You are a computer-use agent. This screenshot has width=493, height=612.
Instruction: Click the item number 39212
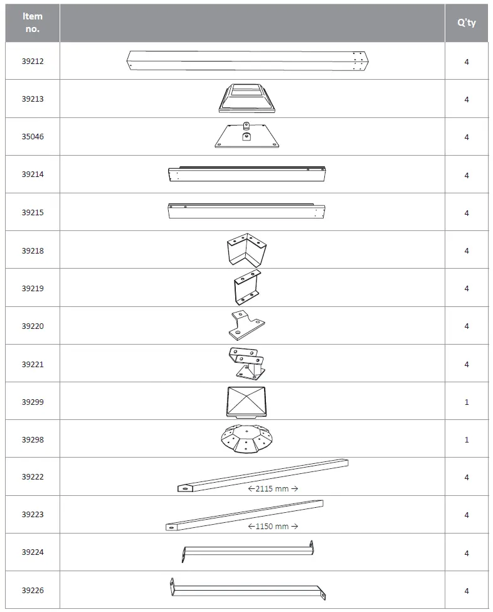tap(33, 62)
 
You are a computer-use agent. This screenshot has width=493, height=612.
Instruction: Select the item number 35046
tap(33, 137)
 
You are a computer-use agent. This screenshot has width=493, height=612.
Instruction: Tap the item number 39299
tap(33, 402)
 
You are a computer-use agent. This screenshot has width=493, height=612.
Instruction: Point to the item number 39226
tap(33, 591)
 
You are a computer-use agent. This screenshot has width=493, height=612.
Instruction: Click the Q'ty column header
tap(467, 23)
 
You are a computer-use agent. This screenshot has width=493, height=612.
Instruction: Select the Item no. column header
tap(33, 23)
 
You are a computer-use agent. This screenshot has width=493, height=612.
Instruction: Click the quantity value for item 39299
tap(467, 402)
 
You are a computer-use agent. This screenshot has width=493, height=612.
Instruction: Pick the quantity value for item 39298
tap(467, 439)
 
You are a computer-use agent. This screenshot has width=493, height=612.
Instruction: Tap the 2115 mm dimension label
tap(272, 488)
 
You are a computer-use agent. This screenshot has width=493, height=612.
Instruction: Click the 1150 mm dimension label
tap(272, 526)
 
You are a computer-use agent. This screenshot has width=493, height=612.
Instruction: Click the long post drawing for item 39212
tap(248, 62)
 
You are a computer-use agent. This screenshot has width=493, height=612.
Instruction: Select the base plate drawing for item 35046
tap(246, 135)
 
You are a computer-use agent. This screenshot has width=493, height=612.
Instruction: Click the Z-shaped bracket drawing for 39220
tap(246, 325)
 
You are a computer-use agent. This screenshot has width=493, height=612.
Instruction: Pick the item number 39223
tap(33, 515)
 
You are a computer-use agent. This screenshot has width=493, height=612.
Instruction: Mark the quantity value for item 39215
tap(467, 213)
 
